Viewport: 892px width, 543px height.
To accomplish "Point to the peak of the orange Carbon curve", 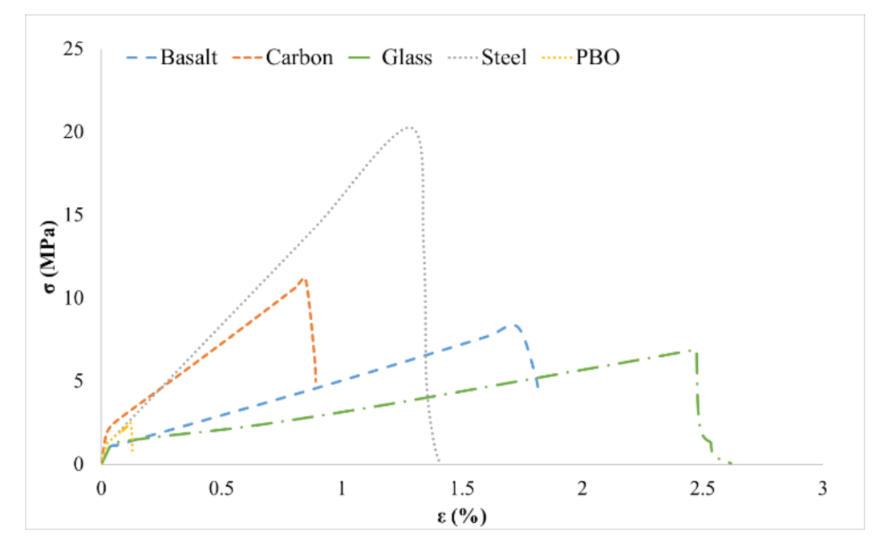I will pos(303,278).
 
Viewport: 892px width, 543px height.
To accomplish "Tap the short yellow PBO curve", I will pos(127,429).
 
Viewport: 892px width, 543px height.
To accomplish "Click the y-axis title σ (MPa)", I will pos(47,257).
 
